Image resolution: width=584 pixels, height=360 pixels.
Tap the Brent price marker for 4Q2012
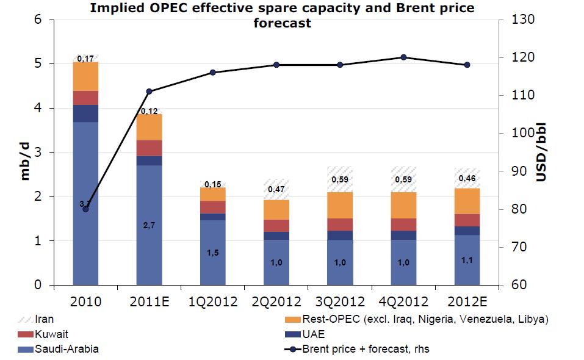[x=403, y=57]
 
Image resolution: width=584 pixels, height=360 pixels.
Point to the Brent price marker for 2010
[x=85, y=209]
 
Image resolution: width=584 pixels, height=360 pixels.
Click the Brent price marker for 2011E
[x=149, y=92]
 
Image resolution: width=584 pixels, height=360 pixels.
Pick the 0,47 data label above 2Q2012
[x=276, y=190]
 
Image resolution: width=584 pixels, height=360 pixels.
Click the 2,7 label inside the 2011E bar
[x=149, y=226]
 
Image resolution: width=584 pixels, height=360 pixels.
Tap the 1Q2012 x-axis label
[x=212, y=301]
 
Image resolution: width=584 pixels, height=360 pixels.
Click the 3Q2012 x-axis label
[x=340, y=301]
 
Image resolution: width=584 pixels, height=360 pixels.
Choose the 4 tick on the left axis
[x=37, y=109]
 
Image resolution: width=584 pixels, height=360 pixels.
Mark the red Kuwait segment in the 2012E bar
[x=467, y=220]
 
